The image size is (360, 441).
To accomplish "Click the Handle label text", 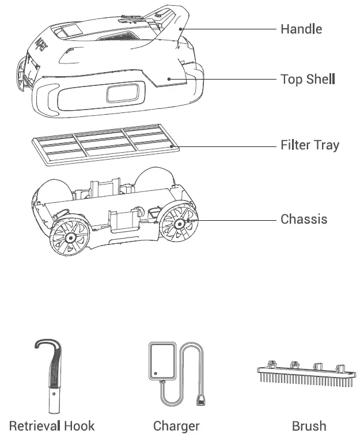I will (x=301, y=29).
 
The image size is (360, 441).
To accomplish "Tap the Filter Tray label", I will (x=309, y=145).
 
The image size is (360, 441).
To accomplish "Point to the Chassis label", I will (x=304, y=220).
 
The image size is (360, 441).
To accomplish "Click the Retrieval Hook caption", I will (x=52, y=426).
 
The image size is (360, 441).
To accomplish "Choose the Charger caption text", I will (x=176, y=426).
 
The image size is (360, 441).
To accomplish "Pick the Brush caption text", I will (x=309, y=426).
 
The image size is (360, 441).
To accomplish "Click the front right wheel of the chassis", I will (x=179, y=223).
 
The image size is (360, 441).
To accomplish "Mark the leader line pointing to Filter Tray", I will (x=225, y=146).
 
